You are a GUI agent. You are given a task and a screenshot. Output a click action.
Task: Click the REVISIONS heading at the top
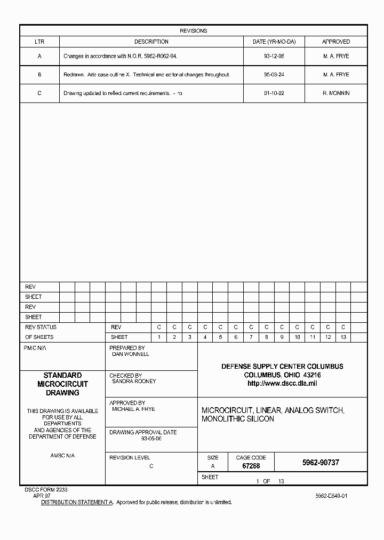click(193, 31)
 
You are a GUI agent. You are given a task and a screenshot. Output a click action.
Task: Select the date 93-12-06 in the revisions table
click(274, 56)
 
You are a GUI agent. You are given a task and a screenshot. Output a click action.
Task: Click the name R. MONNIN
click(336, 93)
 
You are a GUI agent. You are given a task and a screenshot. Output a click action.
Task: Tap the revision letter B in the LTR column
click(39, 75)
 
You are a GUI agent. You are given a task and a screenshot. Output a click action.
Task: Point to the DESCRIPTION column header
click(151, 42)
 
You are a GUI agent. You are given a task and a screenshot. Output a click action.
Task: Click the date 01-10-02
click(274, 93)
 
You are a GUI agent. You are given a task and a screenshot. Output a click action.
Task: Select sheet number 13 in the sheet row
click(343, 337)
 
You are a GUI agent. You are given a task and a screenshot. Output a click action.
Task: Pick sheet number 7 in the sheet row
click(251, 337)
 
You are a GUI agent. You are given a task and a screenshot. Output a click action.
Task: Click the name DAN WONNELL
click(131, 354)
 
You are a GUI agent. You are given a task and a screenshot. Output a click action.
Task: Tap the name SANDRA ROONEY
click(134, 382)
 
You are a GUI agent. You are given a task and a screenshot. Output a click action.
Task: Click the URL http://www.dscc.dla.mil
click(282, 384)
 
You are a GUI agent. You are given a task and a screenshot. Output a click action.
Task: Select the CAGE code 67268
click(251, 466)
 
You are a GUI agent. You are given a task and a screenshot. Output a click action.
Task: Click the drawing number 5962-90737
click(321, 463)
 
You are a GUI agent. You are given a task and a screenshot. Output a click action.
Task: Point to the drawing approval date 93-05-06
click(151, 439)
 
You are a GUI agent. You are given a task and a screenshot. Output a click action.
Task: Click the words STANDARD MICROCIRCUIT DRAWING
click(62, 384)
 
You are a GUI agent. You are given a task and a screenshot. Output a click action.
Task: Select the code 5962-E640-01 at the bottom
click(331, 496)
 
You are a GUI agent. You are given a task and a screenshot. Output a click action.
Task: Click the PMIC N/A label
click(35, 347)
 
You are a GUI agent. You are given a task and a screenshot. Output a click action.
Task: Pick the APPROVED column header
click(336, 42)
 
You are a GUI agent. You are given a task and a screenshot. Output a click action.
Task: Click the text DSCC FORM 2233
click(46, 489)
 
